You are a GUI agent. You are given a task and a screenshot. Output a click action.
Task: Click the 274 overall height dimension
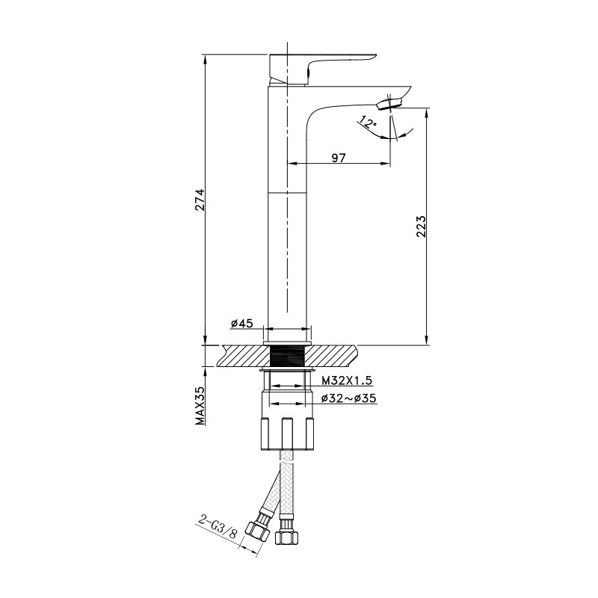200,200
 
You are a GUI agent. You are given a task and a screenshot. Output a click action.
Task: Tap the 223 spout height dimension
421,226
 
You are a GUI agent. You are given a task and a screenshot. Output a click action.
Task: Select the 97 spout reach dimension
338,158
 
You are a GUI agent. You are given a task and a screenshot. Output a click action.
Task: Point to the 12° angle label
367,123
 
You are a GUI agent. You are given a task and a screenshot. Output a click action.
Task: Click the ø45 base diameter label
241,324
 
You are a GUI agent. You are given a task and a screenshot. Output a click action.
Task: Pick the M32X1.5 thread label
347,380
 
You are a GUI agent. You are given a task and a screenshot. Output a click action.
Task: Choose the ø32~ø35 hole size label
348,398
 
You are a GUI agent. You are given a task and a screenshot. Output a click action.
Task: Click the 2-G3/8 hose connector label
218,526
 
